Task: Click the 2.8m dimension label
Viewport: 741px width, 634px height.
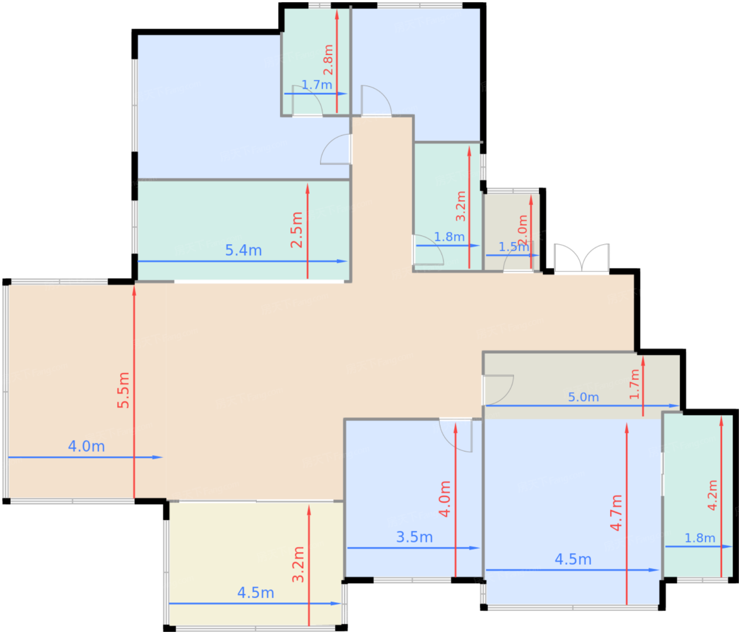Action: (x=328, y=60)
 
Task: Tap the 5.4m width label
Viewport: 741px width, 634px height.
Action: (x=243, y=250)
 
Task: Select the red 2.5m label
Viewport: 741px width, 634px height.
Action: (x=297, y=230)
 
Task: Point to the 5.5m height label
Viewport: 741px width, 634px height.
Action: (x=123, y=390)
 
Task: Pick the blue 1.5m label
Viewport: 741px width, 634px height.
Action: (x=513, y=247)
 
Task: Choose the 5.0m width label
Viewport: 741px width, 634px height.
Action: (x=583, y=397)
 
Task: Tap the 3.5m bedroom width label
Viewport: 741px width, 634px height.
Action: (x=414, y=537)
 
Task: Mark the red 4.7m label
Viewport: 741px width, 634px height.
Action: (x=616, y=513)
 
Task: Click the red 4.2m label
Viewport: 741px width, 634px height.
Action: (x=712, y=495)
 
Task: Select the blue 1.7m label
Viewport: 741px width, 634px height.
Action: (x=317, y=85)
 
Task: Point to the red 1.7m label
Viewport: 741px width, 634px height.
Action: (x=635, y=384)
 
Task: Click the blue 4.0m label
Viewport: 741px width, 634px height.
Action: (x=86, y=446)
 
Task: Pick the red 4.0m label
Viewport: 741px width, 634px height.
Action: (x=445, y=499)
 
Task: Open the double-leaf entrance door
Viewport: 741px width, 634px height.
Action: (x=581, y=259)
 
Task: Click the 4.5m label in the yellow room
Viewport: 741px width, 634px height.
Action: (x=256, y=593)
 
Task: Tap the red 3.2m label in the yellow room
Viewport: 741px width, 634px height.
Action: (x=299, y=565)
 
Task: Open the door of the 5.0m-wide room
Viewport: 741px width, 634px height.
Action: (x=498, y=388)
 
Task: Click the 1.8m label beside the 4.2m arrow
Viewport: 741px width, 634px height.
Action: (x=700, y=538)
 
